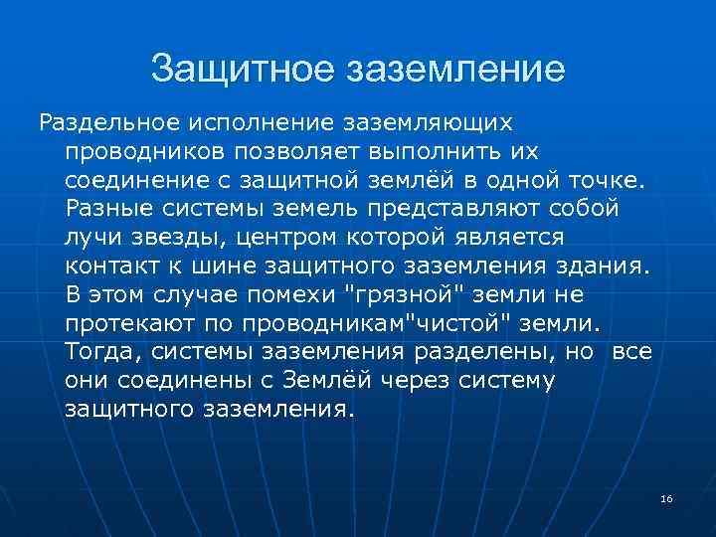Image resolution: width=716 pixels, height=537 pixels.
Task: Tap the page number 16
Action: (x=666, y=498)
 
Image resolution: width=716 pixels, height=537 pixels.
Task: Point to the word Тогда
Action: (x=97, y=352)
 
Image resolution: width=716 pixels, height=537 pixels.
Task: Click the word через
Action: (x=425, y=381)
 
